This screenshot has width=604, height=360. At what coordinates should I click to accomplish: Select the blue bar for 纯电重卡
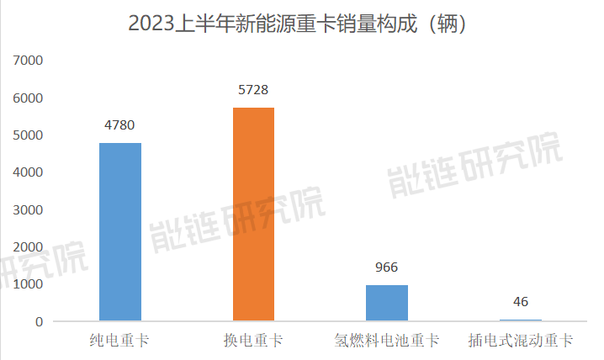point(119,231)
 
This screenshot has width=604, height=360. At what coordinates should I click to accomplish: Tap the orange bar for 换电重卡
point(253,214)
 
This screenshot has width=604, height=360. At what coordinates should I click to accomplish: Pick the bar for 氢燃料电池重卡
point(387,303)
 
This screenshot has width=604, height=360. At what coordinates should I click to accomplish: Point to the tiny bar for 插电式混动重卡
point(520,320)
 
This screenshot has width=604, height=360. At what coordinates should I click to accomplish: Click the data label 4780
point(119,125)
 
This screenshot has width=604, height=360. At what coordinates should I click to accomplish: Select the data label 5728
point(253,90)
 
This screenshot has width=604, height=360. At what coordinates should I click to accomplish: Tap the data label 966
point(387,267)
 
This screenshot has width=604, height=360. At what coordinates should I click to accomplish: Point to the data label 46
point(520,302)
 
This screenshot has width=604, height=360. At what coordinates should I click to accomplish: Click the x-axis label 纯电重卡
point(119,341)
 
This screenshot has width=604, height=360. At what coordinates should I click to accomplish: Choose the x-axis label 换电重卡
point(253,341)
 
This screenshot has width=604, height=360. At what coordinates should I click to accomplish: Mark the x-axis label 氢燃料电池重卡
point(387,341)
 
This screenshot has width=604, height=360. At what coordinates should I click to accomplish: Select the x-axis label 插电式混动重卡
point(520,341)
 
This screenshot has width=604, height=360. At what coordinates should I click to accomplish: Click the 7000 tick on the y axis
point(28,61)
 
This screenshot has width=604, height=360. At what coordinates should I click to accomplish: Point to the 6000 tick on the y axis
point(28,98)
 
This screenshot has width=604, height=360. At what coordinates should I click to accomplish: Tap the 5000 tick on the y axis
point(28,135)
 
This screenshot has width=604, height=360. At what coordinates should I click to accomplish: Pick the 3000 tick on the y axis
point(28,210)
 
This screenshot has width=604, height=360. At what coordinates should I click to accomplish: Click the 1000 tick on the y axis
point(28,284)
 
